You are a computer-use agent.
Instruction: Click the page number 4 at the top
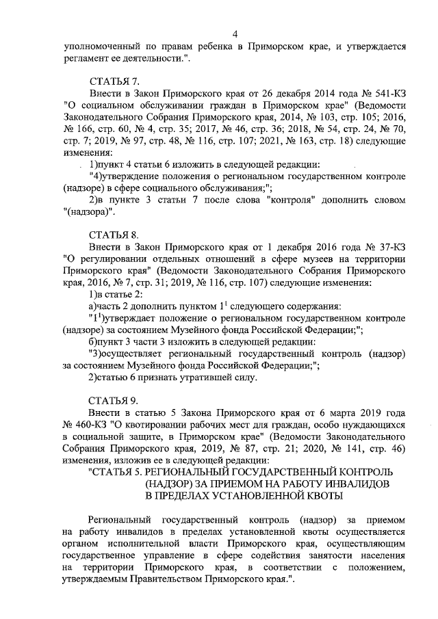point(235,34)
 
